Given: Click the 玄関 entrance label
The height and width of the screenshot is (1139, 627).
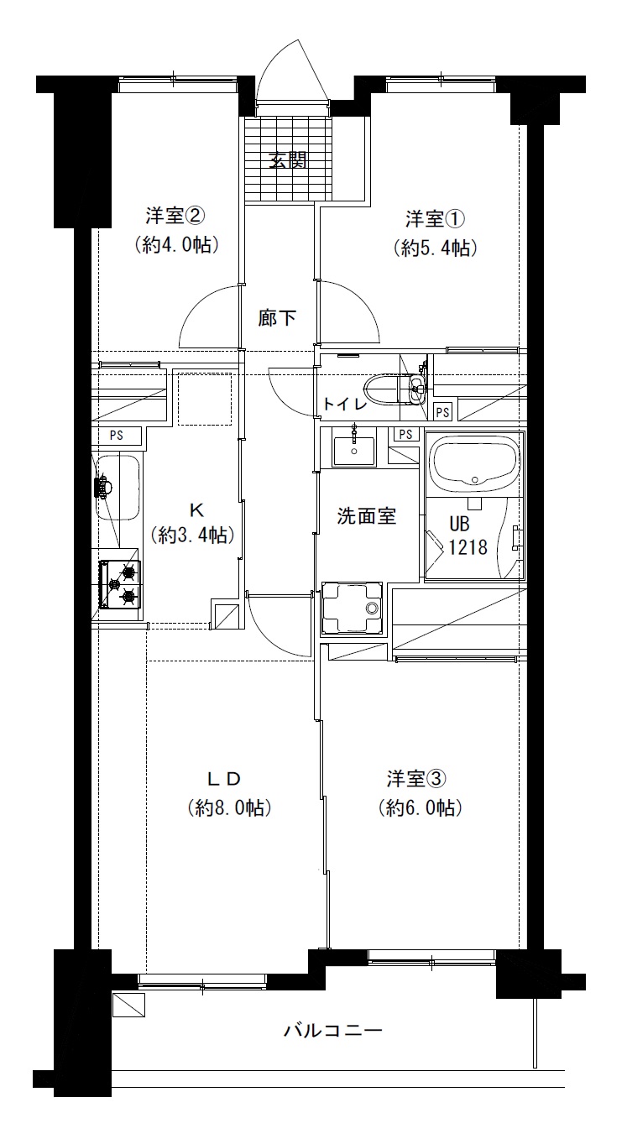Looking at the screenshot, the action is coord(287,160).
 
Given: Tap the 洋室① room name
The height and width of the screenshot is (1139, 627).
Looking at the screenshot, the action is coord(435,219).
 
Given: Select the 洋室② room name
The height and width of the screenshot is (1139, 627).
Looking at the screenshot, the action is coord(175,216).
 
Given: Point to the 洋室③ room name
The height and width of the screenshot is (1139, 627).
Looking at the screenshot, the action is coord(416,778).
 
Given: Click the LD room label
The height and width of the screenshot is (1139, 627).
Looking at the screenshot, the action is coord(223,778).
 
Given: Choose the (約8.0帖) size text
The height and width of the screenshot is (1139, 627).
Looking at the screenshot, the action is coord(229,807).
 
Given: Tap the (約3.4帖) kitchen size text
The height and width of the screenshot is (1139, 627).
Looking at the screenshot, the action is coord(193,535).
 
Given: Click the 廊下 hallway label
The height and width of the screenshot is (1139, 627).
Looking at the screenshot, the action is coord(277,318).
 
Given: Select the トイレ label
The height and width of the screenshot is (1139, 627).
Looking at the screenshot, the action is coord(345,405).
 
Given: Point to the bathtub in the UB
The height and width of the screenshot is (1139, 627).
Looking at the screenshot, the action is coord(475,467).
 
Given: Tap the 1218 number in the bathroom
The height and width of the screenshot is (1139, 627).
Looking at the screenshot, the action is coord(468,547).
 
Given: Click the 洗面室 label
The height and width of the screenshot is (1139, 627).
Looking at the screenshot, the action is coord(366,516).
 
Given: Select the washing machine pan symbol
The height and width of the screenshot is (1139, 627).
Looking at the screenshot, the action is coord(352,609).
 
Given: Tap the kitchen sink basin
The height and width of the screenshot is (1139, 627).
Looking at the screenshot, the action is coord(118,487).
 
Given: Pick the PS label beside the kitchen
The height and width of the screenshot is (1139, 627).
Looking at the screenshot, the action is coord(117,436).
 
